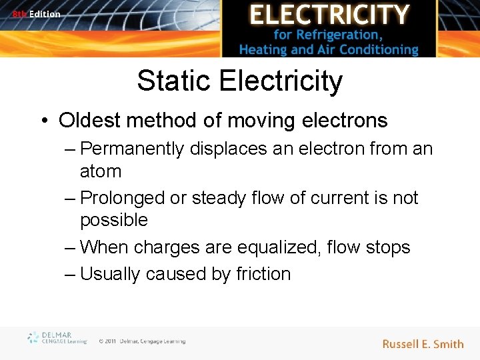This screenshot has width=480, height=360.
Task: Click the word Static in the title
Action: (x=174, y=81)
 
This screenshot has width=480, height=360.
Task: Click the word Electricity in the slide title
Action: (x=280, y=81)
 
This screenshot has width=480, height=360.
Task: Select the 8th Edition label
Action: (x=36, y=14)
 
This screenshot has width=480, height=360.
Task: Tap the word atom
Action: (x=101, y=171)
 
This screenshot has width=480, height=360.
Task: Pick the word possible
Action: (x=114, y=220)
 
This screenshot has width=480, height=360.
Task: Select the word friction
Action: (x=263, y=274)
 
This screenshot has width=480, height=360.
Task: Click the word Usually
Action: (x=110, y=274)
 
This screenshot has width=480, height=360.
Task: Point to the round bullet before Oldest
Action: (x=44, y=121)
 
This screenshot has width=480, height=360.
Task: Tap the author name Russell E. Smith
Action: (x=423, y=344)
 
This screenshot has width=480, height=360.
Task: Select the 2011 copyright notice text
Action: (x=142, y=341)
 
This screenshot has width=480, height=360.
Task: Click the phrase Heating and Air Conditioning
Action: (x=329, y=49)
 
